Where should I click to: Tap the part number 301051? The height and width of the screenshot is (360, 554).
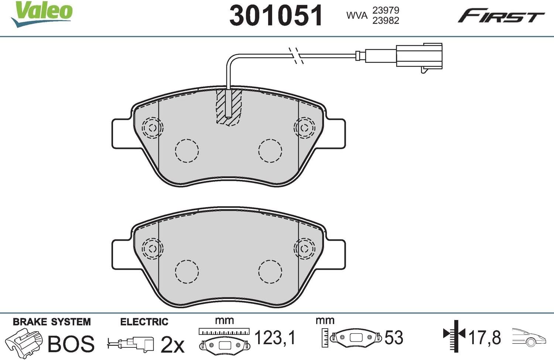point(276,15)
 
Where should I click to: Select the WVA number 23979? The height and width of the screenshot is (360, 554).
point(386,10)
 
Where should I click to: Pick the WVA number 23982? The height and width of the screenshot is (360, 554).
point(386,21)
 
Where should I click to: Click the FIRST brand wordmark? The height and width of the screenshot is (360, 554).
point(501,16)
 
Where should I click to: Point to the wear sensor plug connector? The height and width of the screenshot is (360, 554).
point(419,57)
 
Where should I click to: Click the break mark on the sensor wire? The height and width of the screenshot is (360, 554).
point(296,55)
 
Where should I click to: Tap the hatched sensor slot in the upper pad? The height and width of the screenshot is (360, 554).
point(229,107)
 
